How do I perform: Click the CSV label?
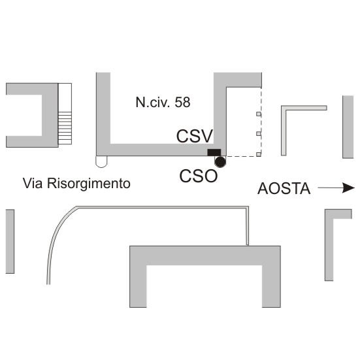(x=195, y=137)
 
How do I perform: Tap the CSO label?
(x=199, y=176)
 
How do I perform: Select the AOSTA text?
(x=284, y=189)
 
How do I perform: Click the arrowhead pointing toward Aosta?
(x=348, y=188)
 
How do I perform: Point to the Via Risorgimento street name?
(x=76, y=184)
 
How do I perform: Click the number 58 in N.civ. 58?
(x=182, y=102)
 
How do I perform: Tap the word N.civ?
(x=153, y=102)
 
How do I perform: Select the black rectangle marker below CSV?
(x=214, y=152)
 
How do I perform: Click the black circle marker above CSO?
(x=220, y=162)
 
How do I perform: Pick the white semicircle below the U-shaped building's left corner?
(x=101, y=161)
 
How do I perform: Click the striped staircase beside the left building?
(x=65, y=128)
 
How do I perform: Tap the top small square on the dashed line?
(x=259, y=114)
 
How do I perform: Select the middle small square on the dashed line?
(x=259, y=134)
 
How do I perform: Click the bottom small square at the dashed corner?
(x=259, y=154)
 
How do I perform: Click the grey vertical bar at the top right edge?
(x=348, y=127)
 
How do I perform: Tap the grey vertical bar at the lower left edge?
(x=10, y=241)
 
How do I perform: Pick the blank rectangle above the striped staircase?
(x=65, y=97)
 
